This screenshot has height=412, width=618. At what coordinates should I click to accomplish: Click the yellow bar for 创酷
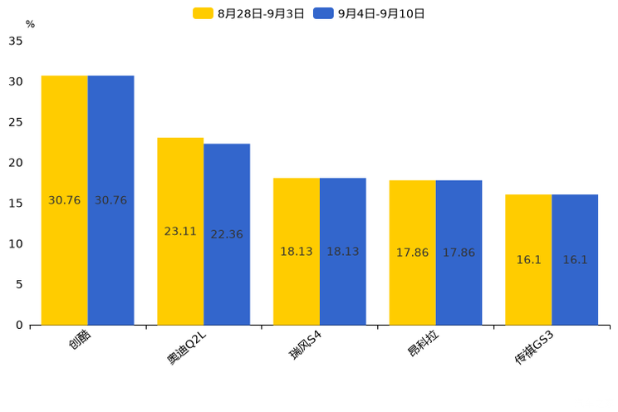coord(65,200)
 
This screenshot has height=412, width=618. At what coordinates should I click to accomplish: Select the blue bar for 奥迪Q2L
coord(227,234)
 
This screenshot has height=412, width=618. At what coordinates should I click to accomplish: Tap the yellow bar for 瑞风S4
coord(297,252)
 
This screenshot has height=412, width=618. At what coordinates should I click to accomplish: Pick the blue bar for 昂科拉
coord(459,253)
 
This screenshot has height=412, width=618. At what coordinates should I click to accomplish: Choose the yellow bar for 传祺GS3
coord(528,260)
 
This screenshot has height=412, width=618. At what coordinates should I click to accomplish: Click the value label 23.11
coord(180,232)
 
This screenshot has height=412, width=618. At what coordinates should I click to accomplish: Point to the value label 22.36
coord(227,234)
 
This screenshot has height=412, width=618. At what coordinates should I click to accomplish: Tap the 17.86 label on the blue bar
coord(459,253)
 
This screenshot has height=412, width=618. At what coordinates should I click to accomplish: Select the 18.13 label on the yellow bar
coord(297,252)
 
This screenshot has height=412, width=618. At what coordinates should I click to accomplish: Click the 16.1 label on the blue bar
coord(575,260)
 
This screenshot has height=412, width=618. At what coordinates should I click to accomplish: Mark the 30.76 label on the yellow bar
coord(64,200)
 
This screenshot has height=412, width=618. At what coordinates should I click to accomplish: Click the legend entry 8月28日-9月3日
coord(248,14)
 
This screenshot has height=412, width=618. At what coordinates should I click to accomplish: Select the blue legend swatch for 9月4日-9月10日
coord(323,13)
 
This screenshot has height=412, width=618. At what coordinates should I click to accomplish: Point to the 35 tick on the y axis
coord(16,41)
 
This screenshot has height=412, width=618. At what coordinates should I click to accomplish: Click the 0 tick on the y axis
coord(19,326)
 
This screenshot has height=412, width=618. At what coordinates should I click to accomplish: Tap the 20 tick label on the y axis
coord(16,163)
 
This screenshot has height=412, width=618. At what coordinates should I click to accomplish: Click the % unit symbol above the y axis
coord(31,24)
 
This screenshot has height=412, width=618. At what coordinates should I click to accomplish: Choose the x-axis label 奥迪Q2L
coord(186,348)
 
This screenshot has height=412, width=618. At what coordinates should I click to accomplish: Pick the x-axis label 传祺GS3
coord(534,348)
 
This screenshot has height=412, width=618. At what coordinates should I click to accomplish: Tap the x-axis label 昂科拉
coord(423,343)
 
